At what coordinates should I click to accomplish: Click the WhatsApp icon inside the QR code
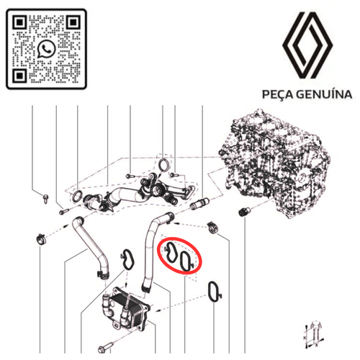tap(46, 49)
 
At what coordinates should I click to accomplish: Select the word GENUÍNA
tap(324, 94)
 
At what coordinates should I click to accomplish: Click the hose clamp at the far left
tap(41, 239)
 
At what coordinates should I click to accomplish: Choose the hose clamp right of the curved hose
tap(212, 227)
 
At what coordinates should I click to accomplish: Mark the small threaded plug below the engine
tap(245, 211)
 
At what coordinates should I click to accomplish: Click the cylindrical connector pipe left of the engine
tap(199, 204)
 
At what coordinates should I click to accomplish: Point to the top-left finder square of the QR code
tap(19, 22)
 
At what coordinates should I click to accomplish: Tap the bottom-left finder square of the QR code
tap(19, 76)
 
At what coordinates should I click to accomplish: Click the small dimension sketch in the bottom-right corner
tap(313, 334)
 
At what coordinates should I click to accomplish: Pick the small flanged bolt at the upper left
tap(45, 199)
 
